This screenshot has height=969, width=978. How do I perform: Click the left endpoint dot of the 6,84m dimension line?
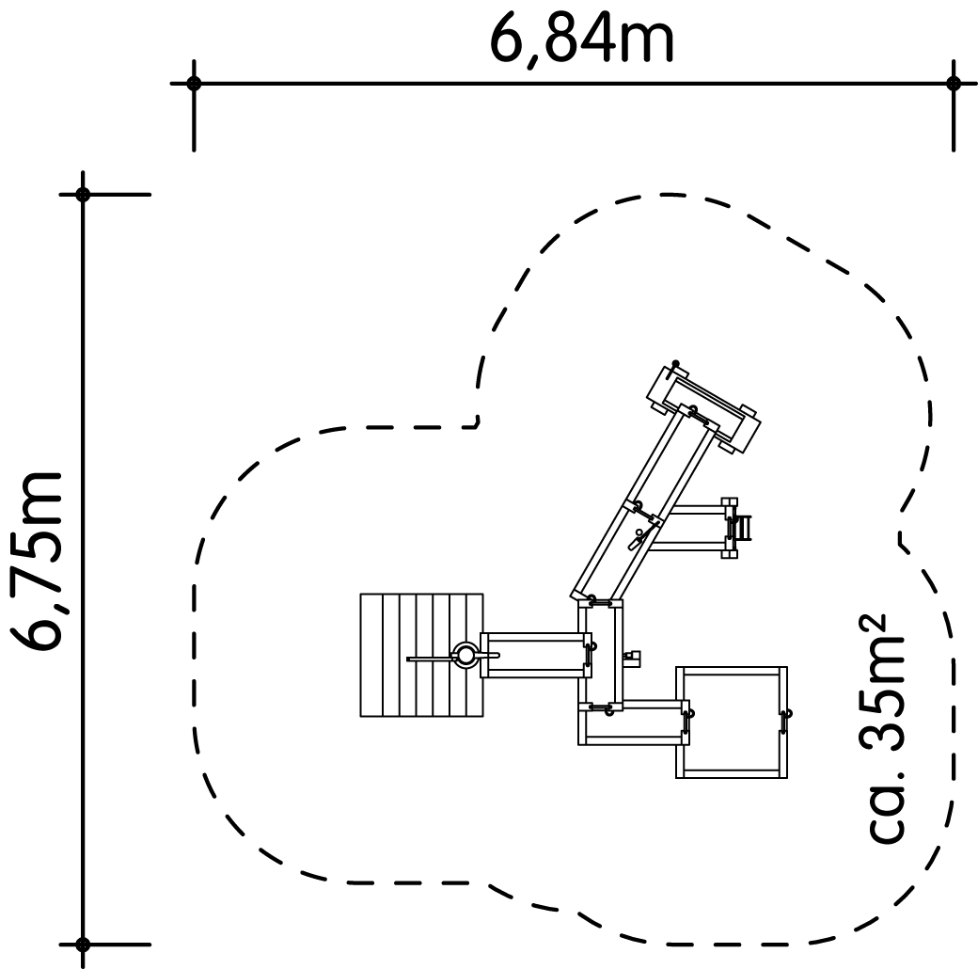194,83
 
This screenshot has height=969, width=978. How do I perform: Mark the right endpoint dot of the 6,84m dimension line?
953,83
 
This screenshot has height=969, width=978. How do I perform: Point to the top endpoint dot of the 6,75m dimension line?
83,195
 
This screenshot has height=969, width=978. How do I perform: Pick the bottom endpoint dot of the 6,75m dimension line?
83,945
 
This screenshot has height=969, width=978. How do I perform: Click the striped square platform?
421,655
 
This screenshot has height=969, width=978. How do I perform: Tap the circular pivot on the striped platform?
465,655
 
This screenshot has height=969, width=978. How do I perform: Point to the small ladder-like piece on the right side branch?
744,528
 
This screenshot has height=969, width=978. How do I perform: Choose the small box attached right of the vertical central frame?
633,656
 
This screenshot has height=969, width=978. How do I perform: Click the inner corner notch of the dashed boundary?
478,425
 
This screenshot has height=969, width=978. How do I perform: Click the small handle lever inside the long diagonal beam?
640,537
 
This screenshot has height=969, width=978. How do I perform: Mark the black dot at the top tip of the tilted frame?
675,364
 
